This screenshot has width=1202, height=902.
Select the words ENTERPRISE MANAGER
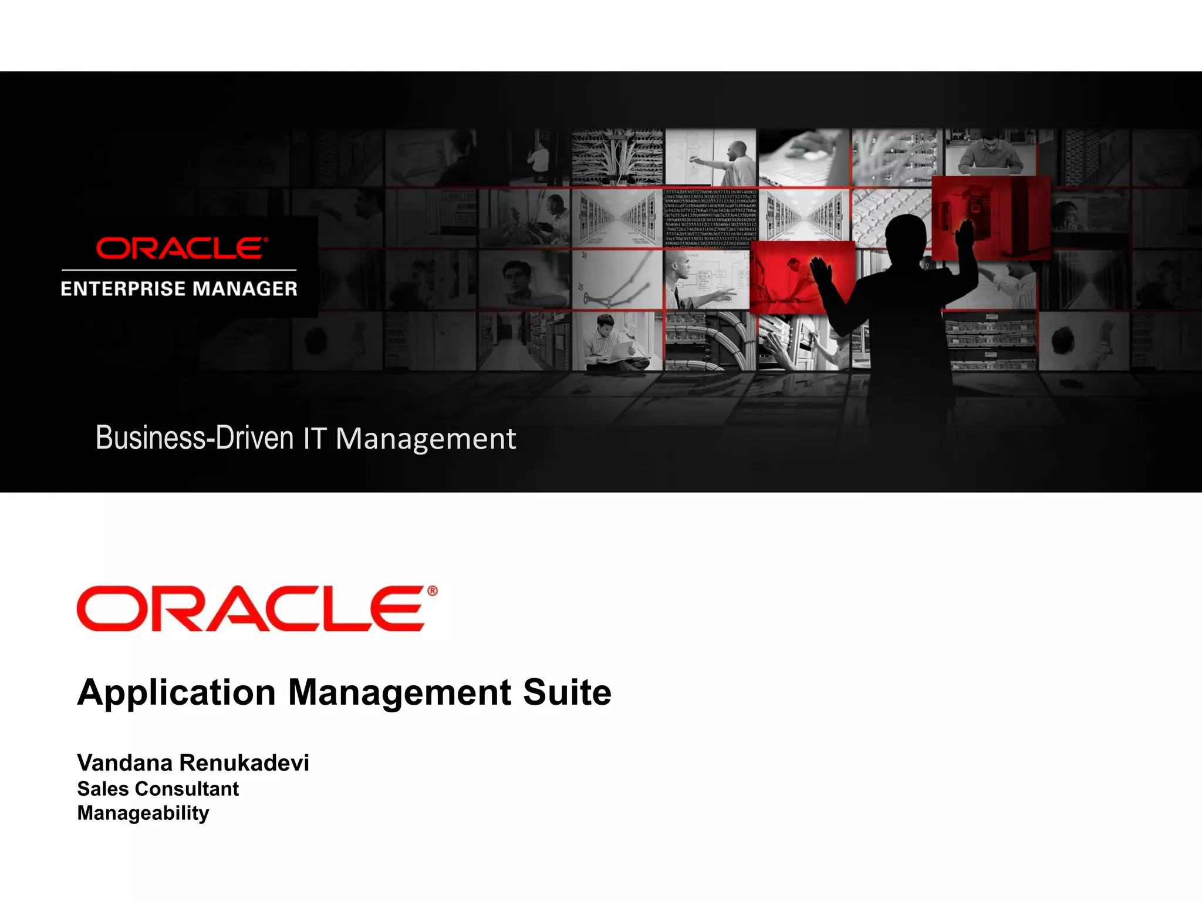click(179, 289)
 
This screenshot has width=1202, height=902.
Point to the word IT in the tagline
click(314, 439)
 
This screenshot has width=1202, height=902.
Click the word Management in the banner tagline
click(426, 439)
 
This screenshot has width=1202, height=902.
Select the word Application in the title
click(176, 693)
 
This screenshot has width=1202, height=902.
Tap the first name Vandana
click(124, 763)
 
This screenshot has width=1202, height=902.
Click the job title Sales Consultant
click(158, 789)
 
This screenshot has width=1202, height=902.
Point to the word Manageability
click(143, 813)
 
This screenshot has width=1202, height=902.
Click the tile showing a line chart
click(617, 280)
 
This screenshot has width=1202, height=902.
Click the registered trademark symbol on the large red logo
click(433, 591)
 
